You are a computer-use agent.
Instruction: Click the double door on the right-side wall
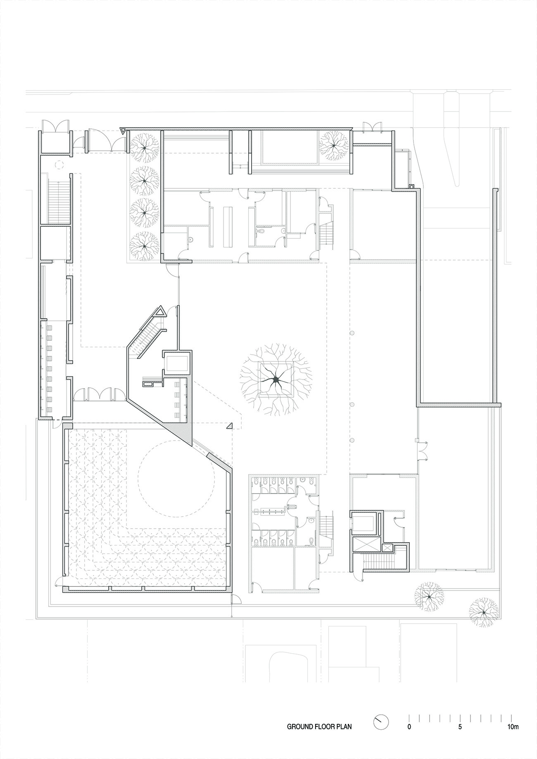point(423,451)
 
